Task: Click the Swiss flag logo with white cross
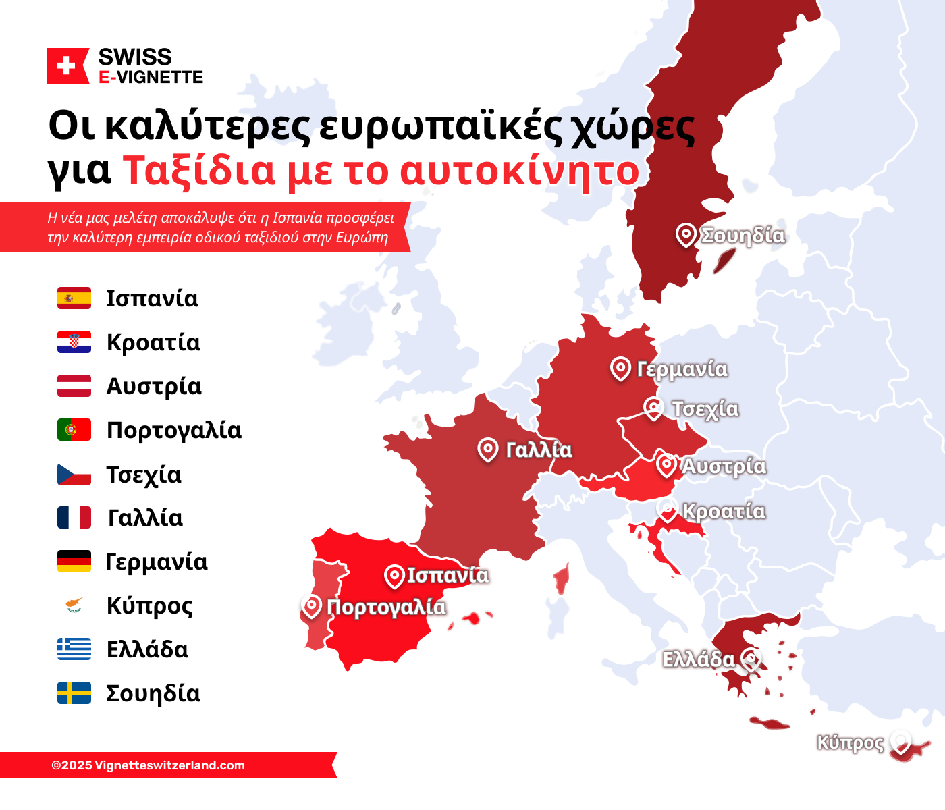[67, 66]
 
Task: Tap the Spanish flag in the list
[74, 298]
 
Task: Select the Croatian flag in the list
[74, 342]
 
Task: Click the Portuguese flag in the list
[74, 430]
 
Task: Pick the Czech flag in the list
[74, 475]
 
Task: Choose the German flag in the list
[74, 562]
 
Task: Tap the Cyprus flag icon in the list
[74, 605]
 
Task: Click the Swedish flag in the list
[74, 693]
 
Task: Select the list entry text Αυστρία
[154, 387]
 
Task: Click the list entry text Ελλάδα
[147, 649]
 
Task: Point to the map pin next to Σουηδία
[686, 234]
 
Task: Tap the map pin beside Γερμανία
[620, 368]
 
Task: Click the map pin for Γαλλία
[487, 449]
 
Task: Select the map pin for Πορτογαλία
[311, 606]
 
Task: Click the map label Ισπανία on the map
[448, 575]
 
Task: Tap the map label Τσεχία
[705, 409]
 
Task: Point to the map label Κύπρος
[850, 742]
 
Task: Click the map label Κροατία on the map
[724, 511]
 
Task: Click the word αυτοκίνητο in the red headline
[519, 171]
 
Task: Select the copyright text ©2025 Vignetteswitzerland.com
[148, 765]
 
